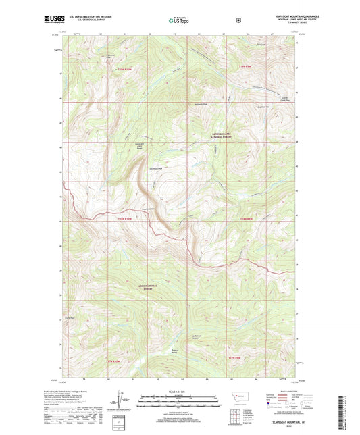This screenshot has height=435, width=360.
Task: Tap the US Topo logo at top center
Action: (x=178, y=21)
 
